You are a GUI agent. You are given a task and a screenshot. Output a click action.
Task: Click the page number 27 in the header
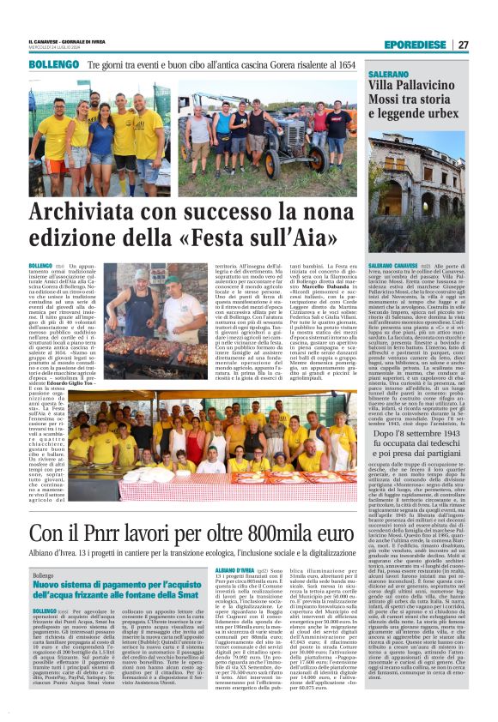pos(464,45)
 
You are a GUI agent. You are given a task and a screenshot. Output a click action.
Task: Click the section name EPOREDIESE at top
pos(415,45)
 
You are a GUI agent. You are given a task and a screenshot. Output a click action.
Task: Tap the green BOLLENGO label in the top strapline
pos(53,65)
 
